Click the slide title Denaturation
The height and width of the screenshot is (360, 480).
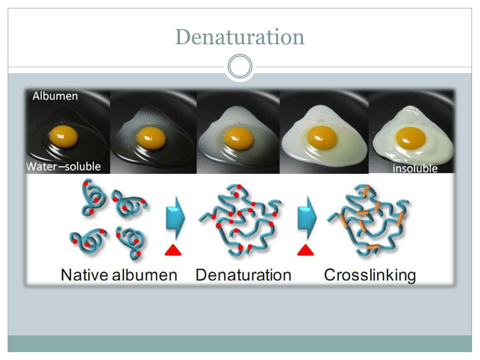(x=240, y=37)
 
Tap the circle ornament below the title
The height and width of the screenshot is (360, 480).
(x=240, y=67)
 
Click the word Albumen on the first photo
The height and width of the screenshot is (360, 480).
(x=55, y=96)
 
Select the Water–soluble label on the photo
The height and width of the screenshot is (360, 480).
(x=63, y=166)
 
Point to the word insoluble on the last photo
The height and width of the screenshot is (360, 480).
(x=414, y=168)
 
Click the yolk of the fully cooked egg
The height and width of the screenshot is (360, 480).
(x=411, y=137)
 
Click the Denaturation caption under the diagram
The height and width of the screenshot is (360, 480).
(x=243, y=275)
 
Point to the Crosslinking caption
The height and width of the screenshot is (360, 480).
(x=369, y=275)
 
